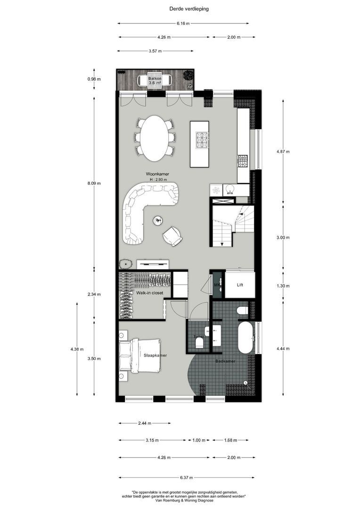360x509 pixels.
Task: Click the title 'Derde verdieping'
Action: (182, 8)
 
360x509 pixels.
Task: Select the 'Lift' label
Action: (240, 285)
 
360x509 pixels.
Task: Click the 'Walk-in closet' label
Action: (150, 293)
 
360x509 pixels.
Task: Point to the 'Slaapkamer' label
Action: (155, 355)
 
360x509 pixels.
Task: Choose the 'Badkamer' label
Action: (225, 361)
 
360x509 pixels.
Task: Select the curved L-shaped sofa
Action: (141, 207)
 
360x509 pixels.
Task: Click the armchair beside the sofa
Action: (172, 236)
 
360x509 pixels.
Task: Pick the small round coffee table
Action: (157, 220)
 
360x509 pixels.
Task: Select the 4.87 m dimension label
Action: (283, 152)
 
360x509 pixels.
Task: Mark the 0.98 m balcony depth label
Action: (94, 79)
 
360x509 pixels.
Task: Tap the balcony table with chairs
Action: (155, 79)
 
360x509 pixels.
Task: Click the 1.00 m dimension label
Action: (199, 440)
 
